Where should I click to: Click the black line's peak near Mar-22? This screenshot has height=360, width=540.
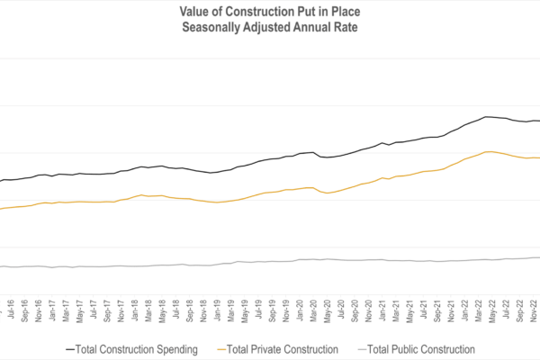point(486,117)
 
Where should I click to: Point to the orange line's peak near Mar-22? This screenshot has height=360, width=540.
point(487,151)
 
